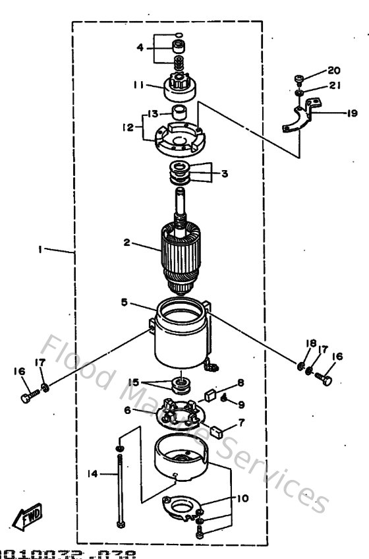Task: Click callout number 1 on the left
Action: click(41, 250)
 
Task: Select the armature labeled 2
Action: click(180, 254)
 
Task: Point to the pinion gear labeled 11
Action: click(176, 84)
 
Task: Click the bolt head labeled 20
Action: click(298, 79)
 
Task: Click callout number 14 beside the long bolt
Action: click(93, 473)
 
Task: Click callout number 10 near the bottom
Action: click(243, 499)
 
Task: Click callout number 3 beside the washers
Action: click(224, 174)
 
